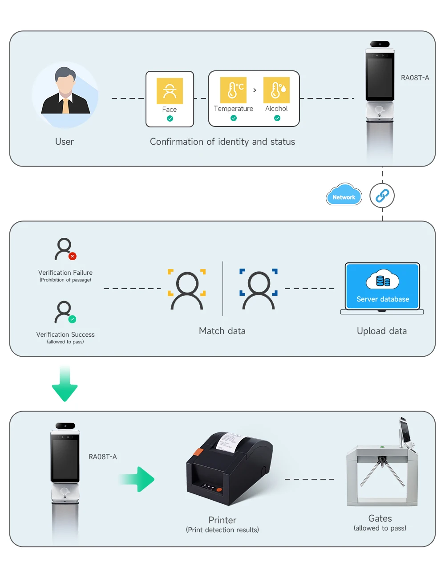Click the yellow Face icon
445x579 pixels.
pyautogui.click(x=170, y=91)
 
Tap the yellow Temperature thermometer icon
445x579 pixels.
pyautogui.click(x=233, y=90)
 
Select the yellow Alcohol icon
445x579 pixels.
pyautogui.click(x=276, y=90)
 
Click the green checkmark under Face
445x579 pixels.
pyautogui.click(x=170, y=118)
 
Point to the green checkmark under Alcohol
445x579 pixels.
pyautogui.click(x=277, y=118)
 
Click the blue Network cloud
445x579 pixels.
pyautogui.click(x=344, y=194)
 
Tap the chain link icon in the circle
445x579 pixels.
pyautogui.click(x=382, y=196)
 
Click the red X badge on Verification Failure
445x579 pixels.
pyautogui.click(x=73, y=256)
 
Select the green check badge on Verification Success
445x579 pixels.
pyautogui.click(x=72, y=319)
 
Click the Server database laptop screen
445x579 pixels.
pyautogui.click(x=382, y=286)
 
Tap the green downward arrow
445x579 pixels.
pyautogui.click(x=65, y=383)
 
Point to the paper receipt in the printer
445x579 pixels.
pyautogui.click(x=229, y=442)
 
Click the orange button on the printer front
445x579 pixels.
pyautogui.click(x=219, y=490)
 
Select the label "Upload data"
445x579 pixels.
pyautogui.click(x=382, y=331)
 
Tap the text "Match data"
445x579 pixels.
pyautogui.click(x=222, y=331)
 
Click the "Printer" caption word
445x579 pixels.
pyautogui.click(x=222, y=520)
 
